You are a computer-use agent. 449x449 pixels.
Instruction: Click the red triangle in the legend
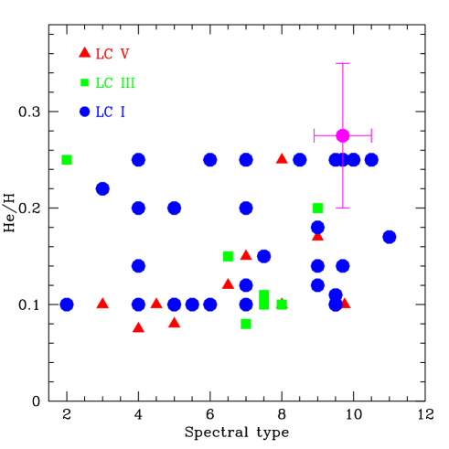pyautogui.click(x=85, y=52)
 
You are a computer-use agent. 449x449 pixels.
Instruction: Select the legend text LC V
pyautogui.click(x=112, y=55)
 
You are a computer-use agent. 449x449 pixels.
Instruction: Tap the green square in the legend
pyautogui.click(x=85, y=83)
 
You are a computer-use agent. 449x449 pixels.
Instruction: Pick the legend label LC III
pyautogui.click(x=115, y=83)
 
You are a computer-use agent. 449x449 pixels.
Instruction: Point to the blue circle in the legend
pyautogui.click(x=85, y=112)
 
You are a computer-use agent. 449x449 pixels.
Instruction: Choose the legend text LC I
pyautogui.click(x=111, y=112)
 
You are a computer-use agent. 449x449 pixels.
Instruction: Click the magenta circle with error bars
pyautogui.click(x=343, y=135)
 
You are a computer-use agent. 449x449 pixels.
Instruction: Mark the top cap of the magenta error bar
pyautogui.click(x=343, y=64)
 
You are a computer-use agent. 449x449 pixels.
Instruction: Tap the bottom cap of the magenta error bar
pyautogui.click(x=343, y=208)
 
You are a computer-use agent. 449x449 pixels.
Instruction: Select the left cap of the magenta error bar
pyautogui.click(x=315, y=135)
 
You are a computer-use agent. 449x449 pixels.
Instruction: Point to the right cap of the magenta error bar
pyautogui.click(x=371, y=135)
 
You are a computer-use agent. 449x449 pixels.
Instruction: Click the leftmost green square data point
pyautogui.click(x=67, y=160)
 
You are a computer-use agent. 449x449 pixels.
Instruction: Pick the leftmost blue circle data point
pyautogui.click(x=67, y=305)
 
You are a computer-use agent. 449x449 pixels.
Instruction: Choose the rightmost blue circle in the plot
pyautogui.click(x=390, y=237)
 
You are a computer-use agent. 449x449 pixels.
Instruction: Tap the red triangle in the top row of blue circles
pyautogui.click(x=282, y=158)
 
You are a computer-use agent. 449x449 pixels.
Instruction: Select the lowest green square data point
pyautogui.click(x=246, y=324)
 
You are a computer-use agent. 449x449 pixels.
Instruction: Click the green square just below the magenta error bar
pyautogui.click(x=317, y=208)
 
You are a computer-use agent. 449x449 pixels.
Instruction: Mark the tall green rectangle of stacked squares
pyautogui.click(x=263, y=299)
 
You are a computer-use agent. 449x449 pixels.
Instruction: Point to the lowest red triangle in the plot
pyautogui.click(x=138, y=326)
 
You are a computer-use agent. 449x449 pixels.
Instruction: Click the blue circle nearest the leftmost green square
pyautogui.click(x=102, y=188)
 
